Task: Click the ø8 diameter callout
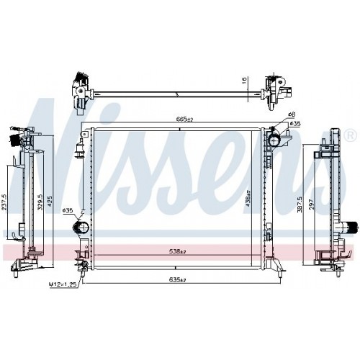tap(291, 115)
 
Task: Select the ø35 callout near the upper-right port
tap(295, 124)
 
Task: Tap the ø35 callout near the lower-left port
tap(67, 210)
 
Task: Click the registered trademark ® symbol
tap(350, 135)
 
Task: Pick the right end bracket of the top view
tap(275, 90)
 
